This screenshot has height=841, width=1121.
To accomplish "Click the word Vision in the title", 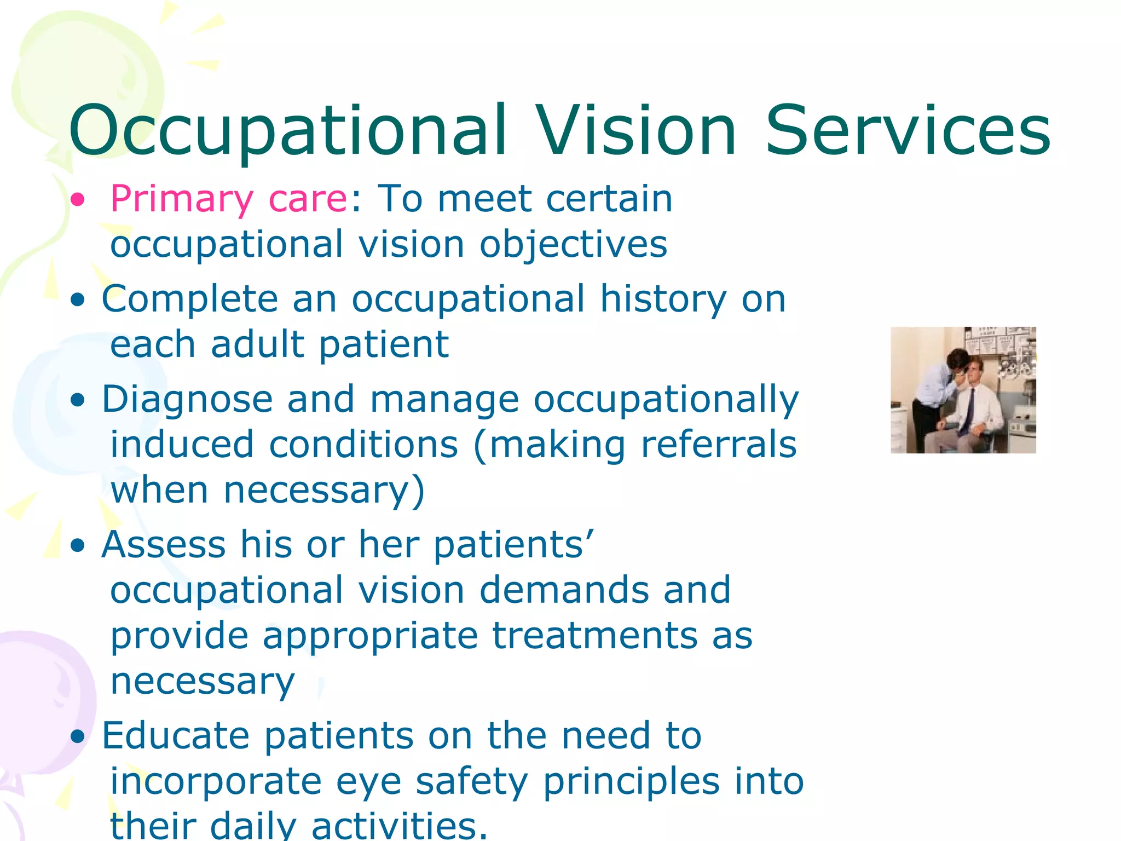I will [x=637, y=131].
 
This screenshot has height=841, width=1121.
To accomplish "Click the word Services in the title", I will [x=907, y=131].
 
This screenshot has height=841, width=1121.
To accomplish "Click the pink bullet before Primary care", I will [x=78, y=200].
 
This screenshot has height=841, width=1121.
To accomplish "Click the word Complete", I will [x=190, y=300].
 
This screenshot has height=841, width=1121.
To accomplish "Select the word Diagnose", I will [x=187, y=400].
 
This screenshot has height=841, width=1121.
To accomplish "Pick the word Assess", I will [x=163, y=545].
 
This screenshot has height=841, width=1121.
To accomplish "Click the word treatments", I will [x=594, y=637].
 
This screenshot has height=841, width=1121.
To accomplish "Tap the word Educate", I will [x=176, y=735].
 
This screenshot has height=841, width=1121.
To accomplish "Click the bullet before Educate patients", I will [x=78, y=737].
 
